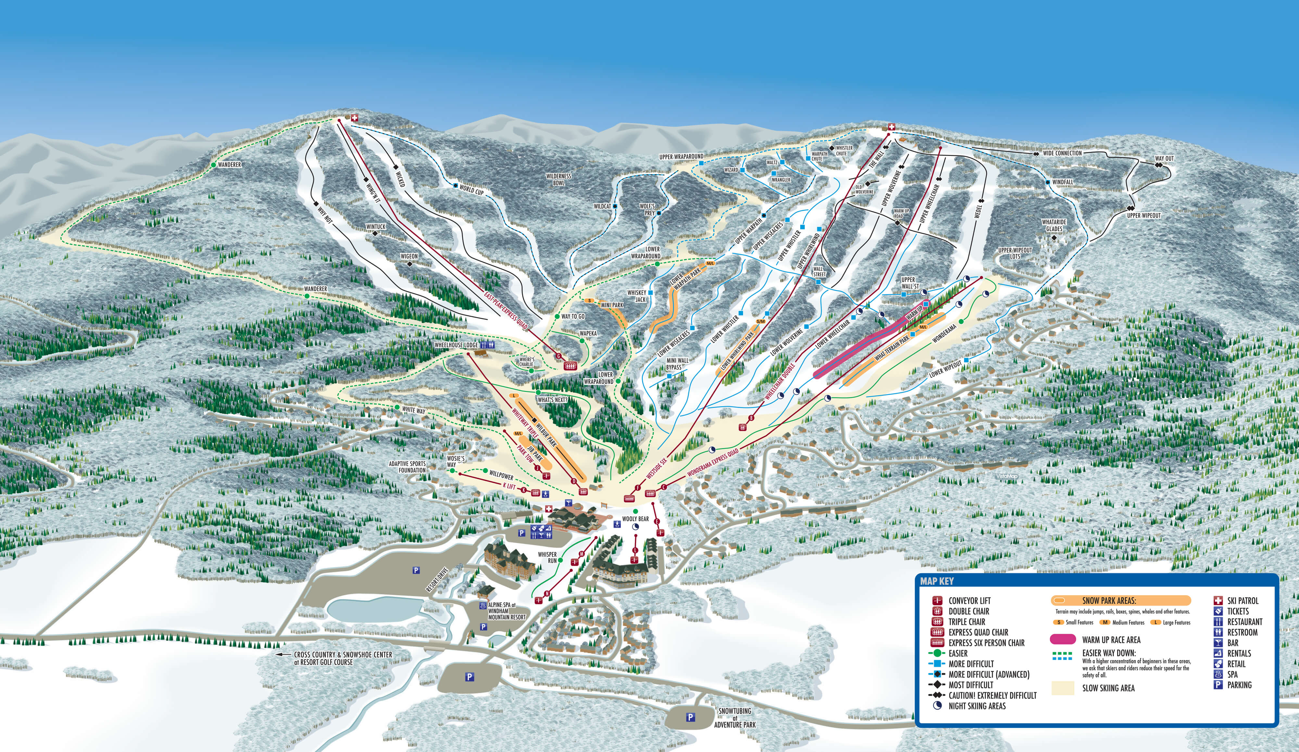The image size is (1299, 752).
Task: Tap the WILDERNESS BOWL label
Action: pyautogui.click(x=559, y=179)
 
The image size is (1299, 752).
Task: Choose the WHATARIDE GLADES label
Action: pyautogui.click(x=1053, y=225)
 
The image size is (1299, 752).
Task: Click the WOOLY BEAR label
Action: pyautogui.click(x=635, y=519)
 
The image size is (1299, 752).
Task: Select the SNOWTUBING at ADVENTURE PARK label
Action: pyautogui.click(x=735, y=718)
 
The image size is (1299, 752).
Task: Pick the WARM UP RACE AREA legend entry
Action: pyautogui.click(x=1111, y=640)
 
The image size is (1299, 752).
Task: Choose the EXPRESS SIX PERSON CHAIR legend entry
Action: pyautogui.click(x=986, y=643)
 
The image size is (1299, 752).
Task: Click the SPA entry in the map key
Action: pyautogui.click(x=1232, y=674)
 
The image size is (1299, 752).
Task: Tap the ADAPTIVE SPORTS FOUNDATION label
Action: pyautogui.click(x=407, y=467)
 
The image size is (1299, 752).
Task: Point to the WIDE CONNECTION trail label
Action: pyautogui.click(x=1062, y=153)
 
